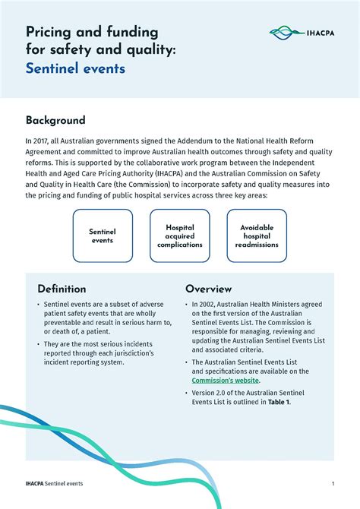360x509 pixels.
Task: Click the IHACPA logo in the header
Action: coord(301,33)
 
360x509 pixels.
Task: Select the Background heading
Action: coord(55,120)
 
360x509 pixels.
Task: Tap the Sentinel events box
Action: coord(102,236)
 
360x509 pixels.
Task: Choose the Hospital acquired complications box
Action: coord(180,236)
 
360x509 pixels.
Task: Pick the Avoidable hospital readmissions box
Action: coord(257,236)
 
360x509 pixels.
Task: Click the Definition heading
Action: coord(62,289)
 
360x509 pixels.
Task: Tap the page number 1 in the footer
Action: coord(333,483)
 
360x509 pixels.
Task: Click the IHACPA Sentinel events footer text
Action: coord(54,483)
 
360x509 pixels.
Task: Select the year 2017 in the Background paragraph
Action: coord(41,141)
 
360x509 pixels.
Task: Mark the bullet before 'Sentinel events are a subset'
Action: coord(38,305)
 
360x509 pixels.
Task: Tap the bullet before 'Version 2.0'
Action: coord(187,393)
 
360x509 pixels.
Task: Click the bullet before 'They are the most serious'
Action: coord(38,344)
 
